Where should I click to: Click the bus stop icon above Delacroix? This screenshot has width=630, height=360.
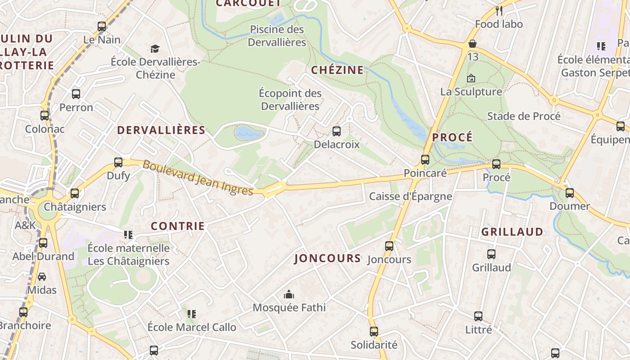(x=337, y=131)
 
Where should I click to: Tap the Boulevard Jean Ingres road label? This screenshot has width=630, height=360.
(x=198, y=178)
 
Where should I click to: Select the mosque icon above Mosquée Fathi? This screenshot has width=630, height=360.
(x=289, y=295)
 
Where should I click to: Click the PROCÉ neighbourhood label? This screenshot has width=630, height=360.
(x=453, y=137)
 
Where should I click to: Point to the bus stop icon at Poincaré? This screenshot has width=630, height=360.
(x=425, y=160)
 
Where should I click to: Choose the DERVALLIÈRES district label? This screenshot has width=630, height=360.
(x=161, y=130)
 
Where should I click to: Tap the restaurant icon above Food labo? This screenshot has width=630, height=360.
(x=499, y=10)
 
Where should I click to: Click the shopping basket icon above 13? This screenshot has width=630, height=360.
(x=472, y=44)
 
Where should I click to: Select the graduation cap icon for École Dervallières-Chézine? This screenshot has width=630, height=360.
(x=155, y=49)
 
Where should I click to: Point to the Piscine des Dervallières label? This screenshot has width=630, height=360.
(x=277, y=36)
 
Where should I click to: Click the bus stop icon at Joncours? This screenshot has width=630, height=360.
(x=389, y=246)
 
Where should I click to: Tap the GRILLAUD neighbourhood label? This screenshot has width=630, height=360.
(x=512, y=232)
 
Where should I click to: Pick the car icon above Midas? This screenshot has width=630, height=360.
(x=42, y=277)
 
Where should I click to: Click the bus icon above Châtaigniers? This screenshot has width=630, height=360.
(x=75, y=193)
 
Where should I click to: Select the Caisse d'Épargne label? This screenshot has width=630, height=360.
(x=410, y=196)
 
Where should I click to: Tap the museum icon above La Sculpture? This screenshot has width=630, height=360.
(x=471, y=78)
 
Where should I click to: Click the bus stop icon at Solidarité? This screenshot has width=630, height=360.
(x=374, y=332)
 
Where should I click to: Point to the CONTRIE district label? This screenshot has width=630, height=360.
(x=178, y=226)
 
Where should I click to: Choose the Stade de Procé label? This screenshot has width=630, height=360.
(x=524, y=116)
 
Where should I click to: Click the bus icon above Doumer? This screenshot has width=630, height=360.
(x=570, y=193)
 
